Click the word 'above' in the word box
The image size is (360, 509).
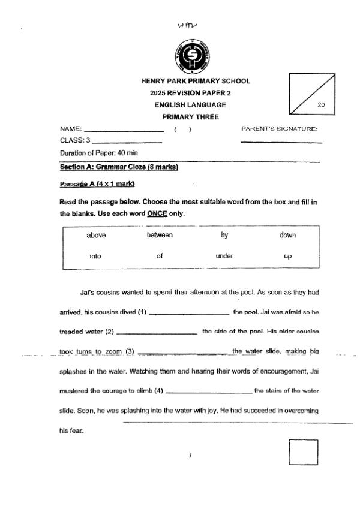(96, 235)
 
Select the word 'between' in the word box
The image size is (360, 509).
(160, 235)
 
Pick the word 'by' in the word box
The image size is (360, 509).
(224, 235)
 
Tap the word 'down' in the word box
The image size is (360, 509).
(287, 235)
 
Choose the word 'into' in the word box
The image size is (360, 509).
(95, 256)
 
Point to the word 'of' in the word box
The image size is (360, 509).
(160, 256)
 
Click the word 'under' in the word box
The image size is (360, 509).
(224, 256)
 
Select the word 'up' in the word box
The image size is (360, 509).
(287, 256)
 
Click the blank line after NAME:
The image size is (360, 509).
(124, 130)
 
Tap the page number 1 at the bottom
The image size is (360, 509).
(190, 456)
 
